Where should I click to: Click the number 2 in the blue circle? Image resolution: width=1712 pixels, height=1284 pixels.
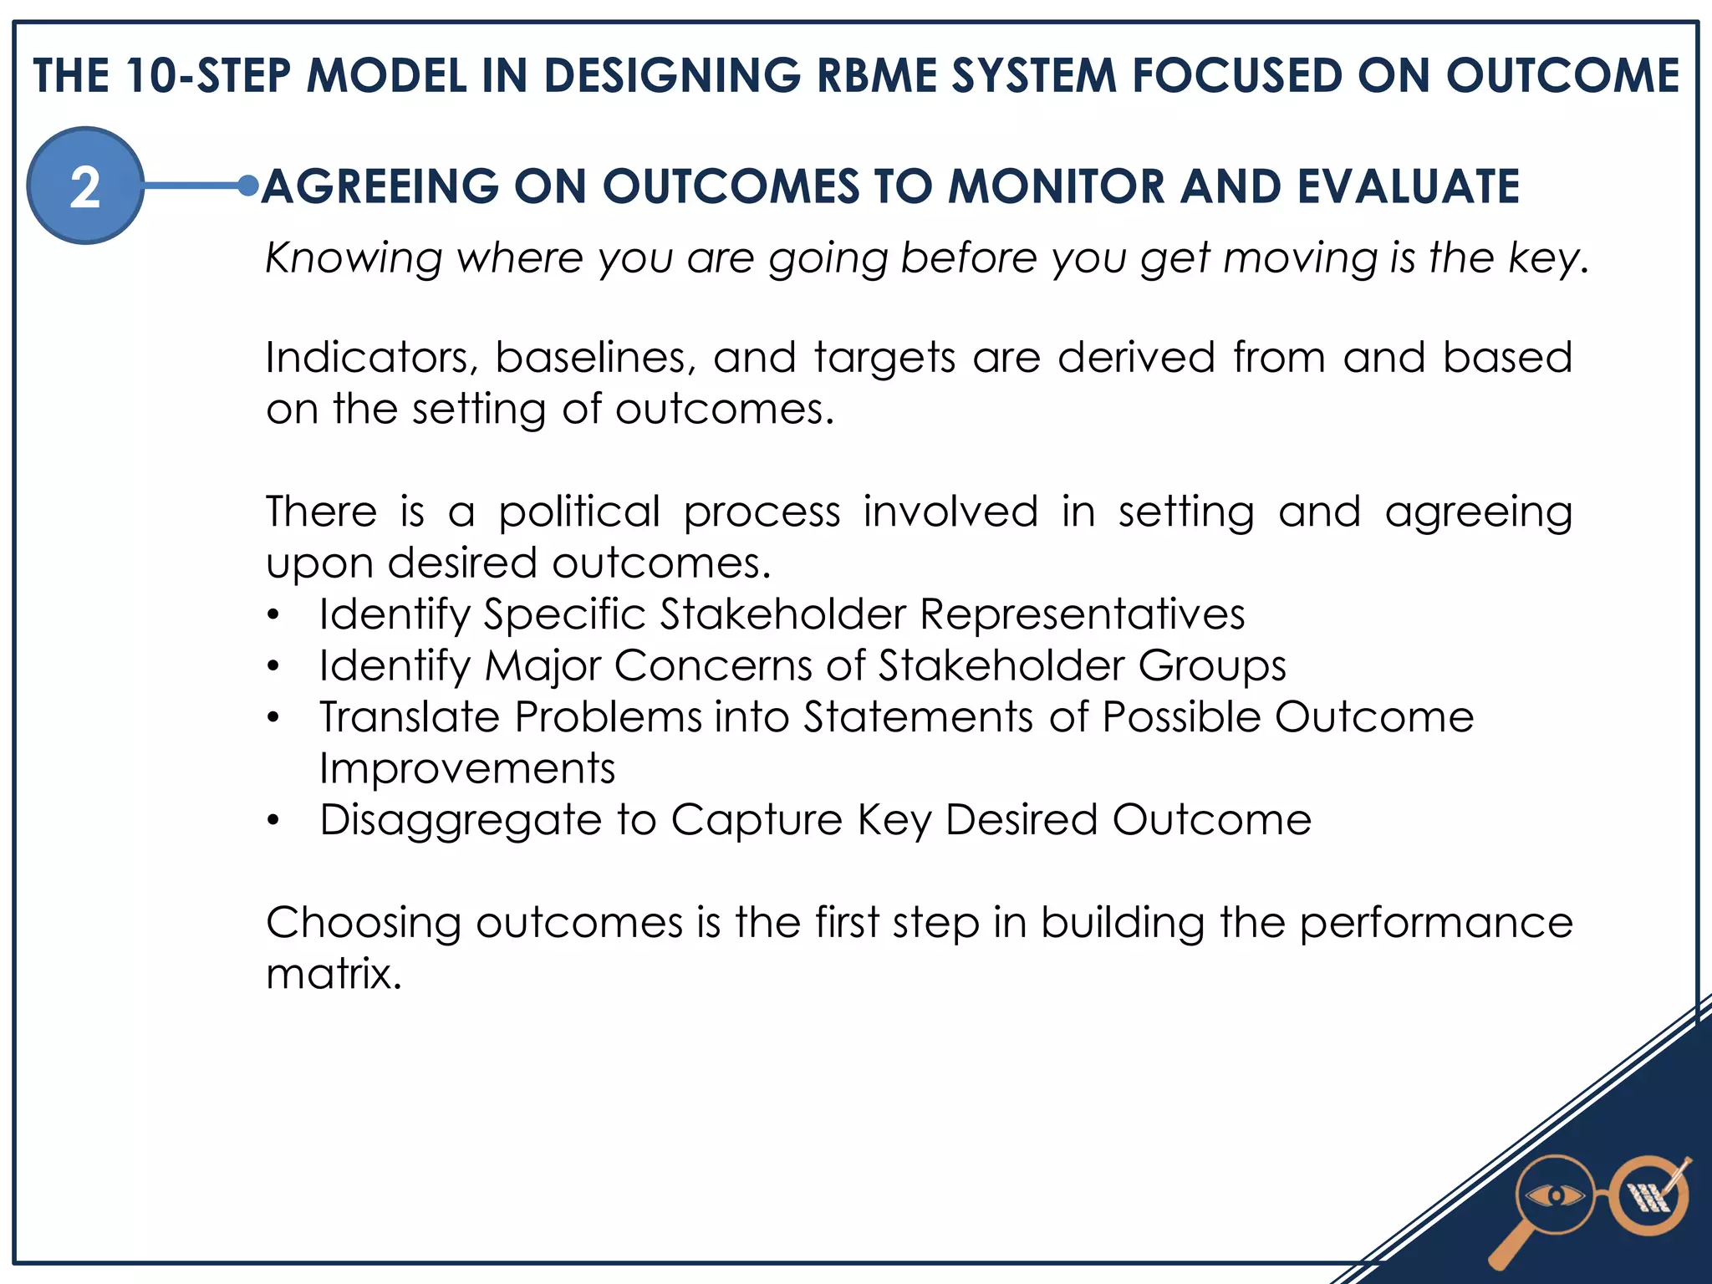[x=84, y=186]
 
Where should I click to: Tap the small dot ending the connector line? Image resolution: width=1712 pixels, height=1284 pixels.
[x=247, y=186]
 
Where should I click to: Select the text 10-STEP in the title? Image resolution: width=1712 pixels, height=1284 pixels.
[x=209, y=75]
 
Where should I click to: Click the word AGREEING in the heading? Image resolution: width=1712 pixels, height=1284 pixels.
[x=380, y=186]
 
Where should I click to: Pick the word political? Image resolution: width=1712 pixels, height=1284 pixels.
[x=579, y=512]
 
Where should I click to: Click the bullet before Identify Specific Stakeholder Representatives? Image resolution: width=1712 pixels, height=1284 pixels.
[x=273, y=616]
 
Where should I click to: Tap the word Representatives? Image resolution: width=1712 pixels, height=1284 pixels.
[x=1082, y=614]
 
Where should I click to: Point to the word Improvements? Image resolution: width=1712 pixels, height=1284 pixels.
[x=466, y=768]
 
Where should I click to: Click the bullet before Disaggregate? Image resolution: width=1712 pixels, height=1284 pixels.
[x=273, y=822]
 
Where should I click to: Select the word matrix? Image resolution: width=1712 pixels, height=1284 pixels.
[x=332, y=974]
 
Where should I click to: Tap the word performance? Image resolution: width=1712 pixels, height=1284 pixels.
[x=1435, y=923]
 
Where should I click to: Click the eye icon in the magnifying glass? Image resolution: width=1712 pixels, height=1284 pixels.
[x=1554, y=1196]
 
